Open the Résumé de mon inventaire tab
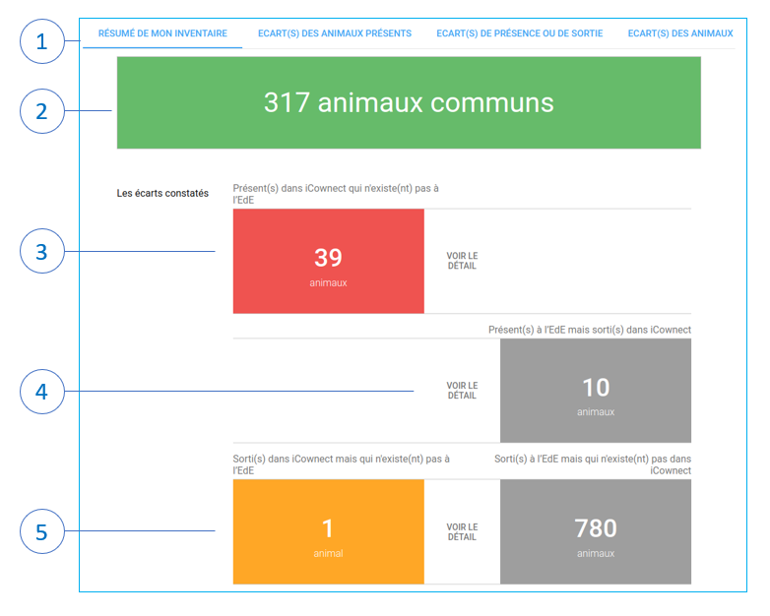pyautogui.click(x=162, y=33)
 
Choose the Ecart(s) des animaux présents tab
pyautogui.click(x=335, y=33)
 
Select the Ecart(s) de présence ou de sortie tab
pyautogui.click(x=520, y=33)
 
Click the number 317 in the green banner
pyautogui.click(x=287, y=102)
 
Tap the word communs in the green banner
pyautogui.click(x=492, y=103)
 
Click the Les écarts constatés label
pyautogui.click(x=162, y=194)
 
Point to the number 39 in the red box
pyautogui.click(x=328, y=258)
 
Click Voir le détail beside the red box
pyautogui.click(x=462, y=261)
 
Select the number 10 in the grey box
pyautogui.click(x=596, y=388)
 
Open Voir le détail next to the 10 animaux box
pyautogui.click(x=462, y=391)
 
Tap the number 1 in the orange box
pyautogui.click(x=328, y=528)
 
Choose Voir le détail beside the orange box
pyautogui.click(x=462, y=532)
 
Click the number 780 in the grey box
pyautogui.click(x=596, y=528)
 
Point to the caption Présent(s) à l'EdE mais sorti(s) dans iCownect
pyautogui.click(x=589, y=330)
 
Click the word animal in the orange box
pyautogui.click(x=328, y=554)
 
